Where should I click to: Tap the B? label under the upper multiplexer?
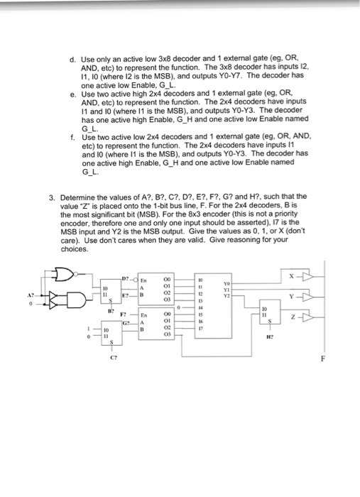point(110,310)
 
